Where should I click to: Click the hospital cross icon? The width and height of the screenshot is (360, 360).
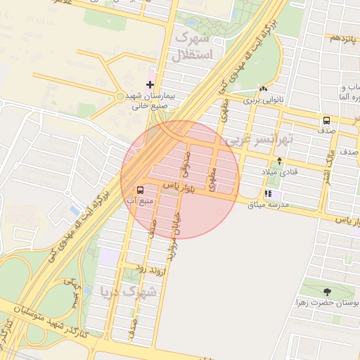click(150, 84)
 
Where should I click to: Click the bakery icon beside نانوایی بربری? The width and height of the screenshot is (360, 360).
click(263, 89)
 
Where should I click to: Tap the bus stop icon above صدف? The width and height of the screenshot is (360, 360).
click(326, 120)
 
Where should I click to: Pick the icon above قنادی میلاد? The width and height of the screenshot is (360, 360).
click(280, 161)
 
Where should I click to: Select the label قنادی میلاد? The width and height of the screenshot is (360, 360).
click(280, 172)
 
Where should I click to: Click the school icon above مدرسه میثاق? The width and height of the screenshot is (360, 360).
click(268, 194)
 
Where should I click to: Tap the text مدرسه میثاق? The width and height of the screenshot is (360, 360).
click(278, 205)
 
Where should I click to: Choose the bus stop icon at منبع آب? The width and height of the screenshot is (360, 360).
click(140, 190)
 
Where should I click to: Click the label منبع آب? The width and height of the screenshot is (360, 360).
click(139, 201)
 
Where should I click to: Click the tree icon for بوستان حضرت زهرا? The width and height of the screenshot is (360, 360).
click(326, 291)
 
